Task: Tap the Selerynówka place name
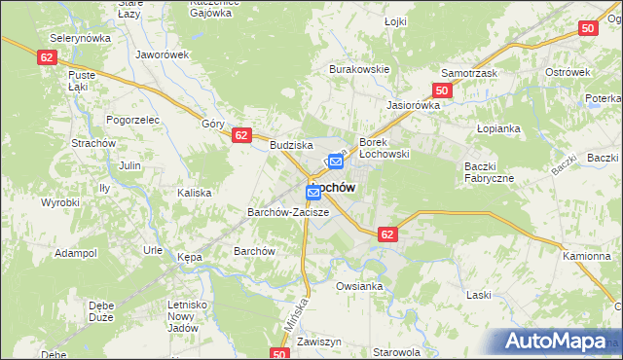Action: pos(80,36)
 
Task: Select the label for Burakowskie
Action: pos(359,70)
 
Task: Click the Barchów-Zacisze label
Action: pos(288,211)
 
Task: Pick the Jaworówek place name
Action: pos(163,55)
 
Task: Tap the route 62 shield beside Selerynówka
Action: pos(48,58)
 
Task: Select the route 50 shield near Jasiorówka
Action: pos(442,90)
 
